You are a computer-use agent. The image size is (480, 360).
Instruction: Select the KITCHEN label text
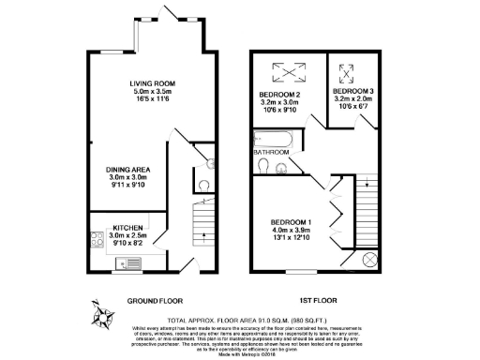point(127,227)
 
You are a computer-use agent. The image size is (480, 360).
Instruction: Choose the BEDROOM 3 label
point(353,91)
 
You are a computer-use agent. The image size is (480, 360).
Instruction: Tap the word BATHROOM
point(271,151)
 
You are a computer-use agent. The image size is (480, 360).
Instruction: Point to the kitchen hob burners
point(97,238)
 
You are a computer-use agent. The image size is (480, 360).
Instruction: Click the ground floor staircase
point(197,223)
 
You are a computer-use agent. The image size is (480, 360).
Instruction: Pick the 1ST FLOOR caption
point(318,301)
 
